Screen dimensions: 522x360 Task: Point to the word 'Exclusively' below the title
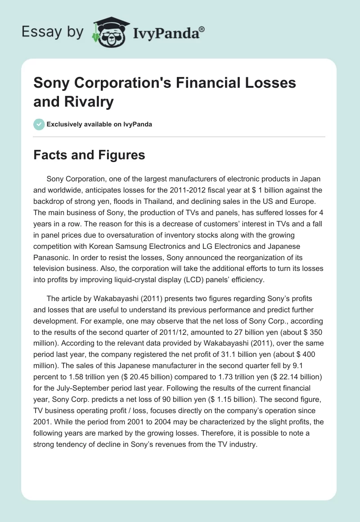point(64,124)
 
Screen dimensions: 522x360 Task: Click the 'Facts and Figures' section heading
point(89,155)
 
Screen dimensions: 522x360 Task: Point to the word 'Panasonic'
point(53,258)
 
